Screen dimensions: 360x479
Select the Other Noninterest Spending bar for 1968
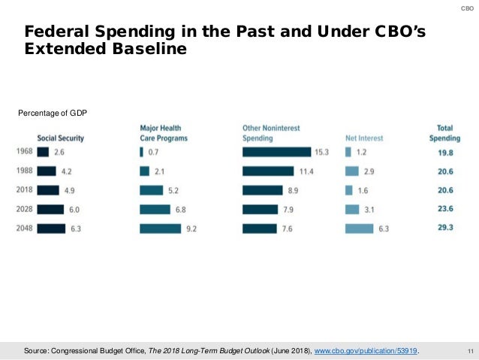(276, 152)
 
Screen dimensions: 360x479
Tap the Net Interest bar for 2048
(359, 228)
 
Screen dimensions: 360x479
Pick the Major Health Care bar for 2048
(160, 228)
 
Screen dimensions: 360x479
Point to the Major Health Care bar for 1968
(141, 152)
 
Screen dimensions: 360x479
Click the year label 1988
(23, 171)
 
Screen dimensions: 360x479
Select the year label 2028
(23, 209)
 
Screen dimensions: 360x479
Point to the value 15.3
(321, 152)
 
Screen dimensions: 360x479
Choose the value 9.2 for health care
(191, 228)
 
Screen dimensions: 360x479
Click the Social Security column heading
(60, 138)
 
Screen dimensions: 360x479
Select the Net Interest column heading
(364, 138)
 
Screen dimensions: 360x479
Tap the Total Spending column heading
(444, 133)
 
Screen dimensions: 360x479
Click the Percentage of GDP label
(53, 113)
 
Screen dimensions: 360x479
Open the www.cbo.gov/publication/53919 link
(366, 350)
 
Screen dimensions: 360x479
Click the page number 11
(468, 350)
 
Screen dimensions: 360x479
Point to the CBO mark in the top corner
(466, 8)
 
